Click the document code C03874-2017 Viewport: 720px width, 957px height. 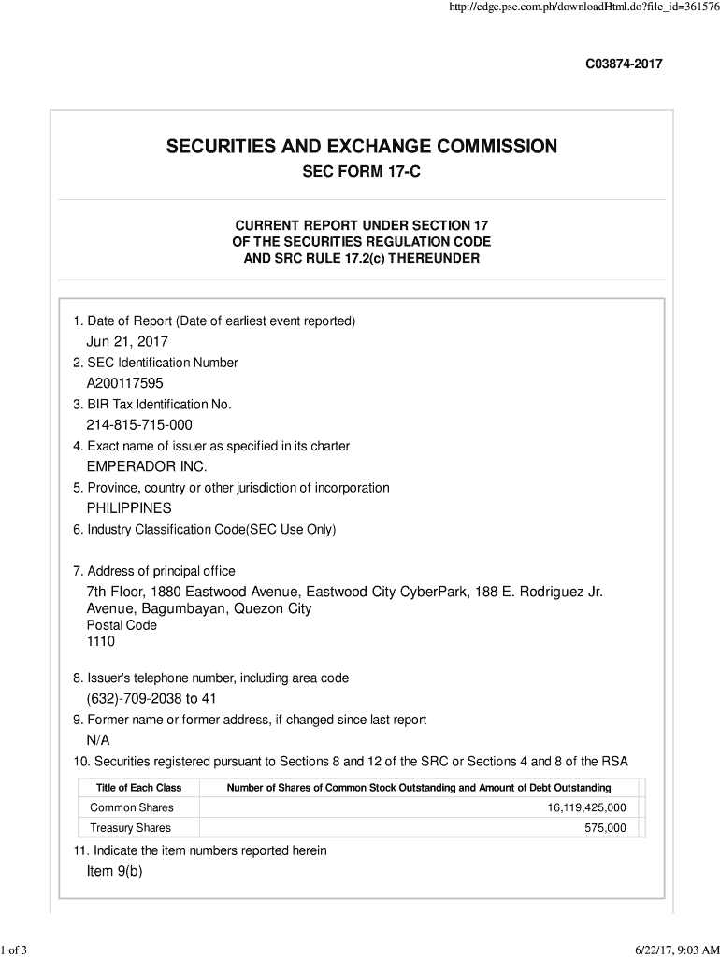click(x=624, y=64)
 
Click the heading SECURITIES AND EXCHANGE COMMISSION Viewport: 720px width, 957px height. click(x=361, y=147)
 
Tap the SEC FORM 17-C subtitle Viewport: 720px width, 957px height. click(x=361, y=174)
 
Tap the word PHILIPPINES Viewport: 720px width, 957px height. click(x=129, y=508)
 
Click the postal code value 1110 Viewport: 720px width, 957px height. click(x=101, y=642)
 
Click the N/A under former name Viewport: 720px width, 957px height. click(x=98, y=740)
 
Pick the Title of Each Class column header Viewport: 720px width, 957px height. click(x=138, y=788)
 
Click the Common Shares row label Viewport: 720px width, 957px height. click(x=132, y=807)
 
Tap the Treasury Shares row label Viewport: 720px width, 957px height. click(x=131, y=828)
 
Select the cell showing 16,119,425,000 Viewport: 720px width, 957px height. click(x=587, y=807)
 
